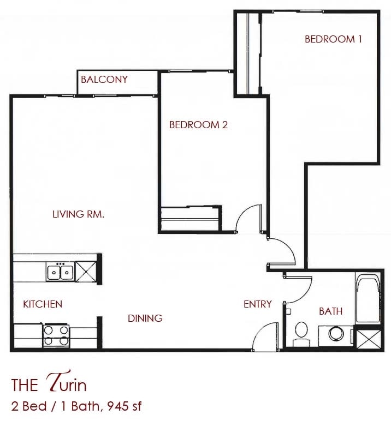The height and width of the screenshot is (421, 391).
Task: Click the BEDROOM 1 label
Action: (x=333, y=39)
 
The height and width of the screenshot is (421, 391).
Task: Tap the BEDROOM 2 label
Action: (x=198, y=125)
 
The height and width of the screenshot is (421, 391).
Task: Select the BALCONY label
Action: (x=104, y=80)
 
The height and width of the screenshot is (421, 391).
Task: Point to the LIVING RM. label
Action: (x=78, y=214)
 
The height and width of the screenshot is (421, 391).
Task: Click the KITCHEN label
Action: (x=43, y=304)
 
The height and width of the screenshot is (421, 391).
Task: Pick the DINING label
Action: (x=145, y=318)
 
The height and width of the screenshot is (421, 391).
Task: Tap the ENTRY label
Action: (x=257, y=304)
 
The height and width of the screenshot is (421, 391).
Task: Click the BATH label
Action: (x=331, y=311)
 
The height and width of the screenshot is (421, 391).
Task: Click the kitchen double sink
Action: (x=60, y=272)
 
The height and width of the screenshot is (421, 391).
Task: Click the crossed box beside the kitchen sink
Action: (x=86, y=270)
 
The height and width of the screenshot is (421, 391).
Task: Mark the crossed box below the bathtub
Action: (x=366, y=338)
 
